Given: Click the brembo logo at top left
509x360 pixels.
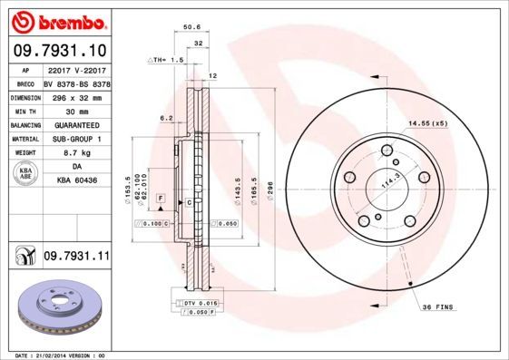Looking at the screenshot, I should click(57, 20).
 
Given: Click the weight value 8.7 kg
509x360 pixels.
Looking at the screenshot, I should click(75, 153).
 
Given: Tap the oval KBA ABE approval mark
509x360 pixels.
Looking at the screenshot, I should click(26, 175).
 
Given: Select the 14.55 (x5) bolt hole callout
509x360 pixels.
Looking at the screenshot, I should click(427, 122).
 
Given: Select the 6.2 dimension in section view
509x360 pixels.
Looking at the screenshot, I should click(166, 117).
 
